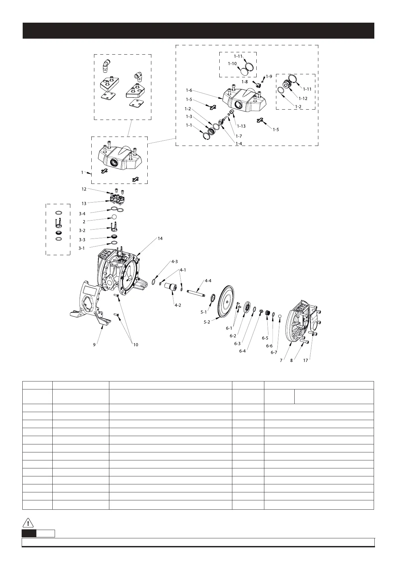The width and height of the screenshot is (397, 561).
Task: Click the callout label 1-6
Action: click(189, 90)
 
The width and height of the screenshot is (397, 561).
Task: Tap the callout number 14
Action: click(160, 239)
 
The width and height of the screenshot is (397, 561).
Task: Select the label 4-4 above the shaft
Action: click(208, 281)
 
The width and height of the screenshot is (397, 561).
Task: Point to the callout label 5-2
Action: click(207, 322)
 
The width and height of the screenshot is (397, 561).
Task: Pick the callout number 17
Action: click(306, 360)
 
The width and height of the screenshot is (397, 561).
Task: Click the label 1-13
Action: click(241, 126)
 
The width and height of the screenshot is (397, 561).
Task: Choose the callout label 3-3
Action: click(82, 240)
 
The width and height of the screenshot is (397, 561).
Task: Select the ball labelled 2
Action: click(114, 217)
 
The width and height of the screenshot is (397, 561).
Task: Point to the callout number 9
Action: click(94, 345)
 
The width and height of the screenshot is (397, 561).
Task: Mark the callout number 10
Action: click(136, 345)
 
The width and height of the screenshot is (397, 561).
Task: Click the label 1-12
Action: click(303, 98)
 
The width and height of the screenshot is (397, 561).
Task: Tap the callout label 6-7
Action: click(274, 352)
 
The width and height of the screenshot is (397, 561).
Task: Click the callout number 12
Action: click(84, 189)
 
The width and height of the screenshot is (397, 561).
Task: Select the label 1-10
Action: click(232, 63)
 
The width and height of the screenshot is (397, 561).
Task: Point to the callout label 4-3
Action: click(175, 262)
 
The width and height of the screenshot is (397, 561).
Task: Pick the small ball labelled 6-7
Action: click(280, 316)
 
